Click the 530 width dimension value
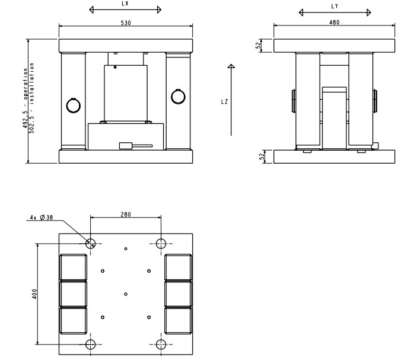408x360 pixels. point(126,23)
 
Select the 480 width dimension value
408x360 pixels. point(334,23)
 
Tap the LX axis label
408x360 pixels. point(125,4)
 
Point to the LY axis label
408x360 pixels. point(334,7)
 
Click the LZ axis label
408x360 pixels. point(224,102)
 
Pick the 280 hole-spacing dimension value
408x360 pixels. point(126,215)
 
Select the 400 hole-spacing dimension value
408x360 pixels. point(35,294)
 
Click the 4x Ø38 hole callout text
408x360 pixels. point(42,217)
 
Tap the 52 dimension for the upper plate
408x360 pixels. point(258,45)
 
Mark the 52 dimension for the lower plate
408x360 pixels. point(262,156)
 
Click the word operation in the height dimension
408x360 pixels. point(26,84)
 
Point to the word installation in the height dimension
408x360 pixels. point(32,83)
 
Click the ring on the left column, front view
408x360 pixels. point(74,106)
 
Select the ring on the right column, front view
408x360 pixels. point(179,97)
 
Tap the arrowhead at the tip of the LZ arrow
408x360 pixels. point(231,66)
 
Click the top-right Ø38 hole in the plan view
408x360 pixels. point(161,244)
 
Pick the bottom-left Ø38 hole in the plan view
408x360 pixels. point(91,345)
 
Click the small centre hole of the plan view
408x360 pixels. point(126,294)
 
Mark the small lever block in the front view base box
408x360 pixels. point(126,146)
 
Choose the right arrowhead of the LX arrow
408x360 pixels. point(160,10)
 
